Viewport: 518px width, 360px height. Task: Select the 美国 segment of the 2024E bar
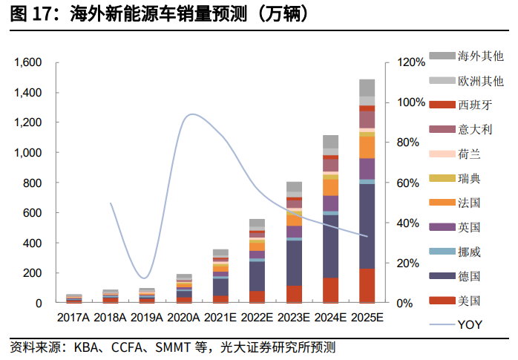330,290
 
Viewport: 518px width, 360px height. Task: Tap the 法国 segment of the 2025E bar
367,147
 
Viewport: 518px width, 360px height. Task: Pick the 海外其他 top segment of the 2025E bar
367,88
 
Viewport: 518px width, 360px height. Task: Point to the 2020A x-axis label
183,318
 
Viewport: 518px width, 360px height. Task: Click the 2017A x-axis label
73,318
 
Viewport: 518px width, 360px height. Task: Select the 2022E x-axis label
257,318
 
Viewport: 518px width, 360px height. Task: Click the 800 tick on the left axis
33,183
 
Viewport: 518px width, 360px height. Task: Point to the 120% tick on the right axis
411,63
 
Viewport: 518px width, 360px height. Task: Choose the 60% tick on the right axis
409,183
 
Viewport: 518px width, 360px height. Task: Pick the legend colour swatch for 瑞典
442,178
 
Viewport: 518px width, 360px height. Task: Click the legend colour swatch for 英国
442,227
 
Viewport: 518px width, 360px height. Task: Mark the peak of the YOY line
193,114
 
